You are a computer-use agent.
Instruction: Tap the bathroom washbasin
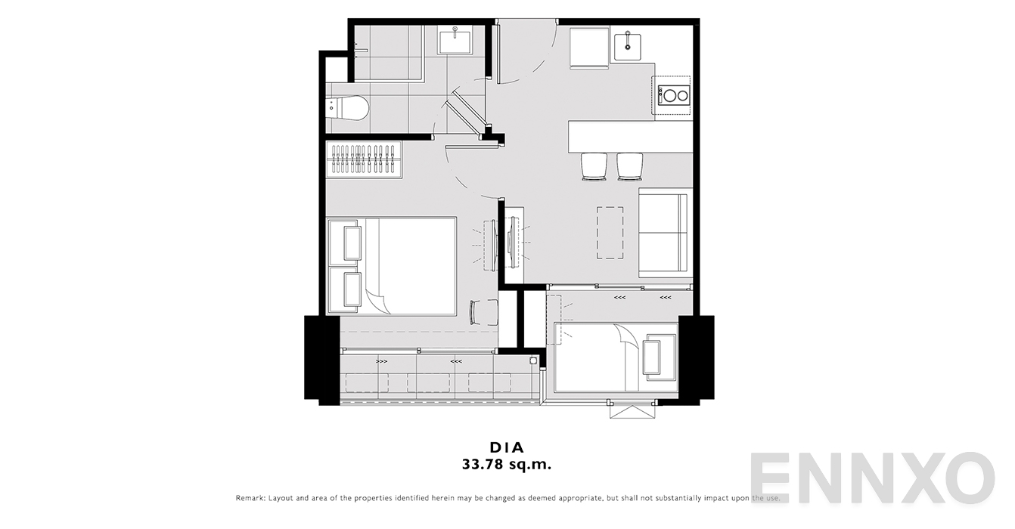(455, 39)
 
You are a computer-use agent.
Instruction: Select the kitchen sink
(627, 42)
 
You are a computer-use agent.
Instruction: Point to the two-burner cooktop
(674, 95)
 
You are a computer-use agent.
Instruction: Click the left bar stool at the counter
(594, 167)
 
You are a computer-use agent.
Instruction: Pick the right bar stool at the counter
(629, 167)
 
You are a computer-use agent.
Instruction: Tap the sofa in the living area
(665, 232)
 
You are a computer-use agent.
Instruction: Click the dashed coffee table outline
(610, 233)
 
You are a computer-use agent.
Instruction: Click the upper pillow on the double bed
(352, 243)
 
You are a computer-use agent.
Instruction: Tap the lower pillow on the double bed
(352, 289)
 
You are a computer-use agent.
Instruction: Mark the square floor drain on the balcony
(533, 360)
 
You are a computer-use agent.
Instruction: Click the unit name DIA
(507, 447)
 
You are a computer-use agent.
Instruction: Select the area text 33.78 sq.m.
(507, 465)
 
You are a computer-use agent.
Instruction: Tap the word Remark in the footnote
(250, 498)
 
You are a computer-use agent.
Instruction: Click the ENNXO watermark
(872, 477)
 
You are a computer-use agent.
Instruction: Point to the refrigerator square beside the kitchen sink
(589, 48)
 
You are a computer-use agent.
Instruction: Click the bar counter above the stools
(630, 136)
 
